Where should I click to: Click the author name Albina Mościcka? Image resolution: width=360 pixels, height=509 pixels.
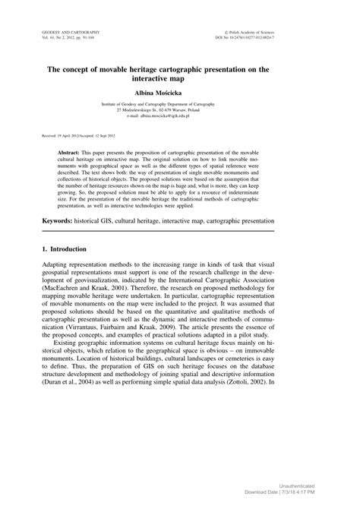point(179,90)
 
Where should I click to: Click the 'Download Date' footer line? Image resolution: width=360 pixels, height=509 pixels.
point(308,491)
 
